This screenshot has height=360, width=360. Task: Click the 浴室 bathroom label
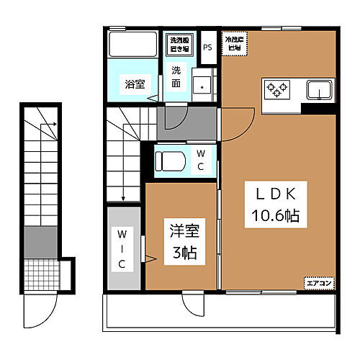(134, 84)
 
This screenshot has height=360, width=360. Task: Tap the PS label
(207, 48)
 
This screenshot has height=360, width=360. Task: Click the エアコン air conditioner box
(318, 283)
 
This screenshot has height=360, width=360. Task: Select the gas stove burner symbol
(276, 89)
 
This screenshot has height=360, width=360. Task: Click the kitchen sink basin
(318, 90)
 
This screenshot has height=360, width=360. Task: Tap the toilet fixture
(171, 159)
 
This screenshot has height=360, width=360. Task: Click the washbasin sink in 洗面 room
(203, 85)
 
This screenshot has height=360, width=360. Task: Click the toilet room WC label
(201, 160)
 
